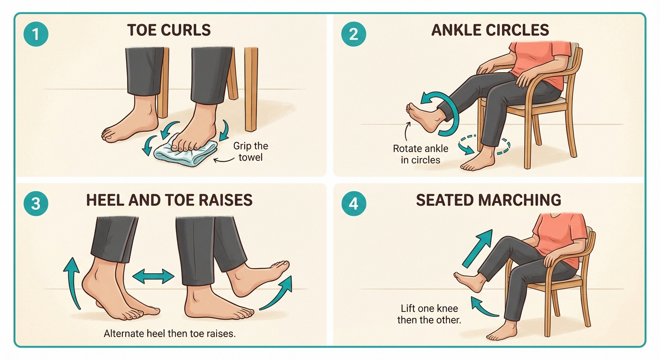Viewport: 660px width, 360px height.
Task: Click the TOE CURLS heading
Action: [x=169, y=30]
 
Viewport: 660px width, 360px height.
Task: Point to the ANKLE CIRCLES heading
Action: [x=490, y=30]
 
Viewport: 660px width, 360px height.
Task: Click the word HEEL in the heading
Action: [x=104, y=200]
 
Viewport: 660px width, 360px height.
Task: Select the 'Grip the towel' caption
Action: [x=250, y=151]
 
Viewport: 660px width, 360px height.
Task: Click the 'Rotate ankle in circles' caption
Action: [x=420, y=154]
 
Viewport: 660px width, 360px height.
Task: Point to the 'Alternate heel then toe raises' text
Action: [x=169, y=334]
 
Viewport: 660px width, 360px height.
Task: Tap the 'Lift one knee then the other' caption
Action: [x=429, y=315]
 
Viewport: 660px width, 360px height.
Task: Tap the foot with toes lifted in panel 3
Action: [x=260, y=277]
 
